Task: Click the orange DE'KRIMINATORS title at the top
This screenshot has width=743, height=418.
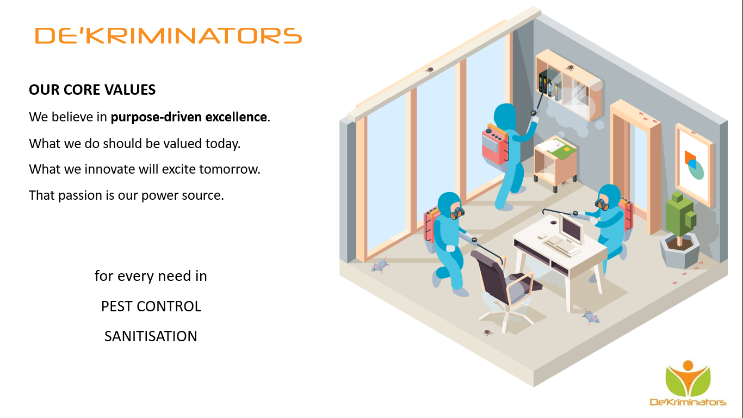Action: (169, 35)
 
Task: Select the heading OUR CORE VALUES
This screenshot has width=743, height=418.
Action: (92, 90)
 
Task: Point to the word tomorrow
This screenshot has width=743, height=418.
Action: (229, 169)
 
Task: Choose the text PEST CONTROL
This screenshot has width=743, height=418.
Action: (151, 306)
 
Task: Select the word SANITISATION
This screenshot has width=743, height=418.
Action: (151, 336)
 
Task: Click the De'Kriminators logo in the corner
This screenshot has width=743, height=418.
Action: (688, 384)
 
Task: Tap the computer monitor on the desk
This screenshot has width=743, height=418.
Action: (571, 229)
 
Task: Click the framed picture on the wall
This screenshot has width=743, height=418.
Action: (694, 165)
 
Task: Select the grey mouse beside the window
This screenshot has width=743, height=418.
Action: (380, 265)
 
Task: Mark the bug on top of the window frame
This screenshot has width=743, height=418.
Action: (429, 70)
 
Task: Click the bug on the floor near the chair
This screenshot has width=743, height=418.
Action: (487, 333)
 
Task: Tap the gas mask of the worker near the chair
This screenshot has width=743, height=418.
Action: (457, 212)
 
